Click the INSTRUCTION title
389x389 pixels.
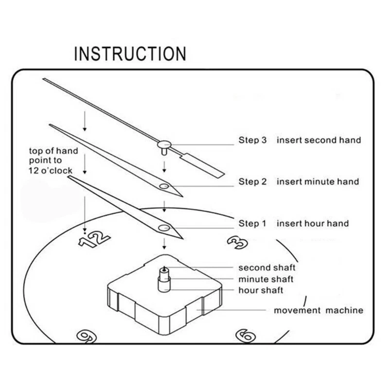coord(130,53)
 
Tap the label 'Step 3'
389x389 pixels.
coord(252,140)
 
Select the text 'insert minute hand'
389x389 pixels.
coord(318,182)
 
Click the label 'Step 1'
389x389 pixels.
coord(252,224)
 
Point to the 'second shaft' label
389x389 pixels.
coord(266,267)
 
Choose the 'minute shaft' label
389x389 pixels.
coord(265,279)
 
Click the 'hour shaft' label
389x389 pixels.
coord(261,290)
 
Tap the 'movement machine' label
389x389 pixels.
coord(318,310)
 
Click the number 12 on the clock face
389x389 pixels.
coord(95,239)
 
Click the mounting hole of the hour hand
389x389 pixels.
coord(163,228)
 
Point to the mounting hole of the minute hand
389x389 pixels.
coord(163,186)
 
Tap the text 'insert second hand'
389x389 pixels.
coord(319,140)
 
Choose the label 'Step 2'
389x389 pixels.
coord(252,182)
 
